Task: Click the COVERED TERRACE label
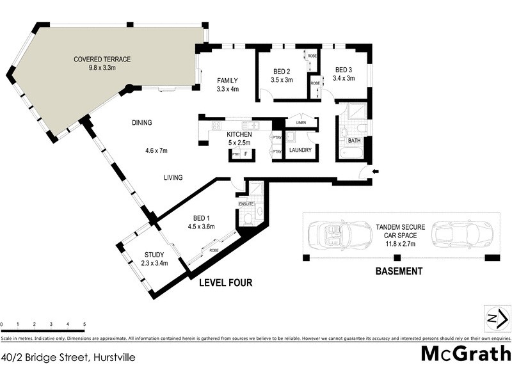tap(102, 60)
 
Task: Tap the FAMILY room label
tap(227, 81)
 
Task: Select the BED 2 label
tap(282, 71)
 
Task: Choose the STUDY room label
tap(154, 254)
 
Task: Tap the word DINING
tap(142, 123)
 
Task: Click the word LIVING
tap(173, 178)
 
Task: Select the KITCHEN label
tap(240, 134)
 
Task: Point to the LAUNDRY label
tap(300, 150)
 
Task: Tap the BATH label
tap(354, 140)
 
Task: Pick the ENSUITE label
tap(247, 204)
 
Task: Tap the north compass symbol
tap(497, 318)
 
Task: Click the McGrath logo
tap(465, 353)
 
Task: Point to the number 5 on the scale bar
tap(84, 325)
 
